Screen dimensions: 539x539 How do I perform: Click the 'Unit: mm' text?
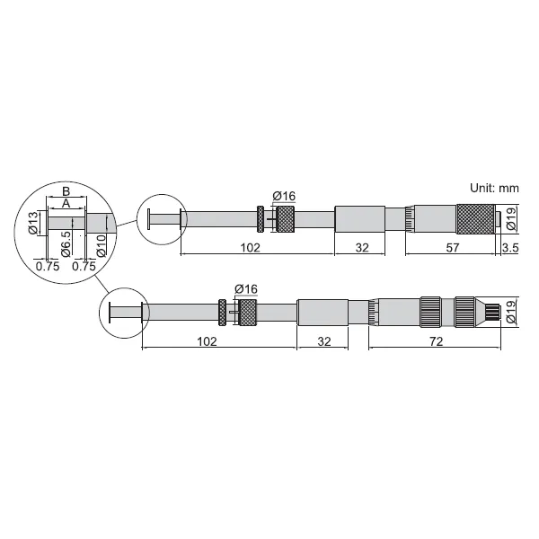pyautogui.click(x=494, y=188)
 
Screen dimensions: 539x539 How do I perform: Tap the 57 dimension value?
pyautogui.click(x=453, y=248)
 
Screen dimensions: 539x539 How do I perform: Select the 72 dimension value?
pyautogui.click(x=437, y=341)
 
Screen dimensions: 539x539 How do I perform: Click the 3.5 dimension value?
pyautogui.click(x=510, y=248)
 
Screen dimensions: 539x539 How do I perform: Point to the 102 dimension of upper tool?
pyautogui.click(x=250, y=248)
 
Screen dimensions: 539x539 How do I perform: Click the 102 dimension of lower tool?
pyautogui.click(x=207, y=341)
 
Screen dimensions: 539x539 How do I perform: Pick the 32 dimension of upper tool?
pyautogui.click(x=362, y=248)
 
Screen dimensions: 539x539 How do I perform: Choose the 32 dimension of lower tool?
pyautogui.click(x=324, y=341)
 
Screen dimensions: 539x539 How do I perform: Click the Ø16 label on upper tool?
pyautogui.click(x=284, y=196)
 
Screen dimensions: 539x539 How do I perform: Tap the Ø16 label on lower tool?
pyautogui.click(x=246, y=289)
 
